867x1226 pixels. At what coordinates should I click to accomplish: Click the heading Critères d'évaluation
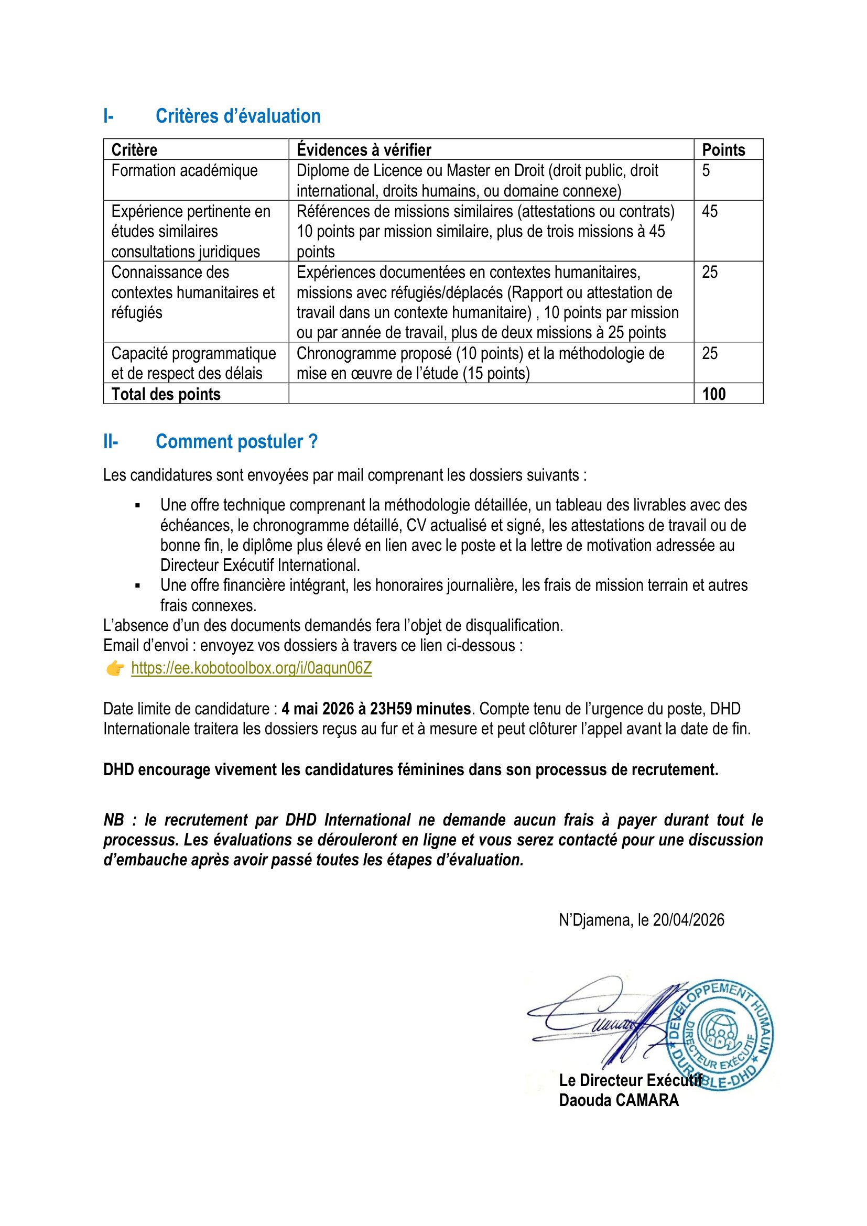coord(237,116)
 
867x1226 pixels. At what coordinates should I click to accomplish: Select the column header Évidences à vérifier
coord(364,150)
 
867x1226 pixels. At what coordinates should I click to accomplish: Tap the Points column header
coord(723,150)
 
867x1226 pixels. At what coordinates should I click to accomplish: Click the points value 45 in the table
coord(710,211)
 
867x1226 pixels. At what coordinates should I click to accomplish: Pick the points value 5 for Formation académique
coord(706,171)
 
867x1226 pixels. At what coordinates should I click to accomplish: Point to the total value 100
coord(713,394)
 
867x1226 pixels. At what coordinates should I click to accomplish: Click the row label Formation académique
coord(184,171)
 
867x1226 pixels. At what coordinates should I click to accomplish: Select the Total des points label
coord(166,394)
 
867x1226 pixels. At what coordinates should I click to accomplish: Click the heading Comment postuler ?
coord(236,441)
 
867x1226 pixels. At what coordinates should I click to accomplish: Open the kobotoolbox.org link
coord(252,668)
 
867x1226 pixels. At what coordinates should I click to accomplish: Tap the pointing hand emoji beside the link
coord(115,668)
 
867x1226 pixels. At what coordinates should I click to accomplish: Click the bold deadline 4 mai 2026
coord(318,709)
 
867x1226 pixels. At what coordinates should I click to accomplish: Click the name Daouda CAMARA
coord(619,1100)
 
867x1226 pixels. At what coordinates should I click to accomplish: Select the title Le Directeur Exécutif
coord(630,1080)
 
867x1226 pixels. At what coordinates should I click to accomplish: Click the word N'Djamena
coord(595,919)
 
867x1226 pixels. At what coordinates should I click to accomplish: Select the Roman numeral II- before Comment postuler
coord(111,441)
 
